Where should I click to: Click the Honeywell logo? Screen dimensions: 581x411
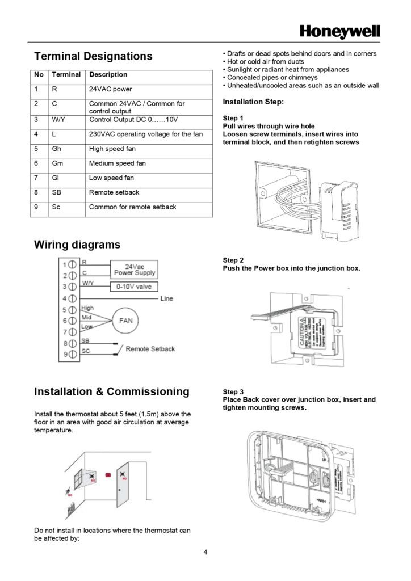339,32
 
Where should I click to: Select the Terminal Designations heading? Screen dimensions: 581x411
93,56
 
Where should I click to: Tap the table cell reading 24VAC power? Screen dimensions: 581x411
110,89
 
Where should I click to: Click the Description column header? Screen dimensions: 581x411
108,74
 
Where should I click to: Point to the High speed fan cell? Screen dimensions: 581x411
112,149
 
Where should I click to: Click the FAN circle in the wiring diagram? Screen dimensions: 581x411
125,320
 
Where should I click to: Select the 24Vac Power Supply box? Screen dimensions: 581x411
135,269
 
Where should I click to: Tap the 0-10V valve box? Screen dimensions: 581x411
134,287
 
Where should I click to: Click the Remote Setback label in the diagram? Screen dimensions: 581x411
150,348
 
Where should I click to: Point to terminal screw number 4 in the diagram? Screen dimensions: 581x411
73,298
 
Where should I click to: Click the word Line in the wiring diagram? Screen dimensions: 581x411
167,298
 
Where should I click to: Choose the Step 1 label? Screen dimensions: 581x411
233,118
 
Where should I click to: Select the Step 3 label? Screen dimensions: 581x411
233,392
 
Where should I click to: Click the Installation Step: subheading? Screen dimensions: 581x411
253,102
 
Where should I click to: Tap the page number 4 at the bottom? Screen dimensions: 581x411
205,551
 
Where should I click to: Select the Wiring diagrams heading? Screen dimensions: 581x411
77,245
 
